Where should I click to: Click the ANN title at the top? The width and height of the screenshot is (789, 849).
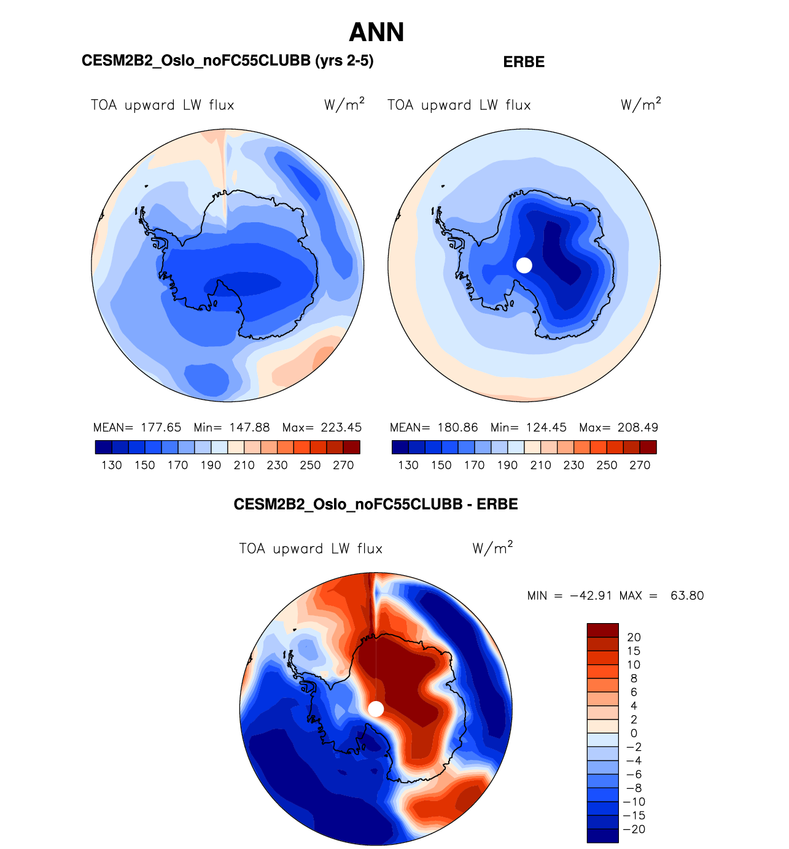[x=376, y=33]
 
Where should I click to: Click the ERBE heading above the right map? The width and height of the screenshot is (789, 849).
[x=524, y=62]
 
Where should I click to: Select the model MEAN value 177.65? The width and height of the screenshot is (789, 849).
[x=161, y=427]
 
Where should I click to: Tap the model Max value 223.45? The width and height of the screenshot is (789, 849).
[x=341, y=427]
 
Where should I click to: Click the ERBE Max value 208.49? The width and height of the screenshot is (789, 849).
[x=638, y=427]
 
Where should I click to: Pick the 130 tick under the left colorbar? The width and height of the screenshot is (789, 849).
[x=112, y=465]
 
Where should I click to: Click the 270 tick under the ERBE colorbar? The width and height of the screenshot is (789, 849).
[x=640, y=465]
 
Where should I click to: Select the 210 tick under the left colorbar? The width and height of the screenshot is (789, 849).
[x=244, y=465]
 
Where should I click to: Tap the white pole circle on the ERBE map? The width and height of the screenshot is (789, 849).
[x=524, y=265]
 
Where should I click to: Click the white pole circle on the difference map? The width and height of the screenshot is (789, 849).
[x=376, y=709]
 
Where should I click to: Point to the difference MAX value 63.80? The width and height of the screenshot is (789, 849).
[x=687, y=595]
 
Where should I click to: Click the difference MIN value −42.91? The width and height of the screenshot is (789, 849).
[x=591, y=595]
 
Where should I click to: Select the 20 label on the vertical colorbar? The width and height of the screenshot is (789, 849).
[x=634, y=637]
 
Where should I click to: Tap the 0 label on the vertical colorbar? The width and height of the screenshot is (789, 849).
[x=634, y=733]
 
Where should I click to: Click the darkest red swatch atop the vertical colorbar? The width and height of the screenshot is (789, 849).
[x=602, y=630]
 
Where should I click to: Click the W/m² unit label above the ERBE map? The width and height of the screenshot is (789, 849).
[x=640, y=104]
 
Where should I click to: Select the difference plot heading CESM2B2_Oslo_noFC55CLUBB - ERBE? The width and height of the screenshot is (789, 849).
[x=376, y=505]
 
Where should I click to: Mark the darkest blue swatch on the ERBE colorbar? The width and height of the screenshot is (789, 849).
[x=400, y=448]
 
